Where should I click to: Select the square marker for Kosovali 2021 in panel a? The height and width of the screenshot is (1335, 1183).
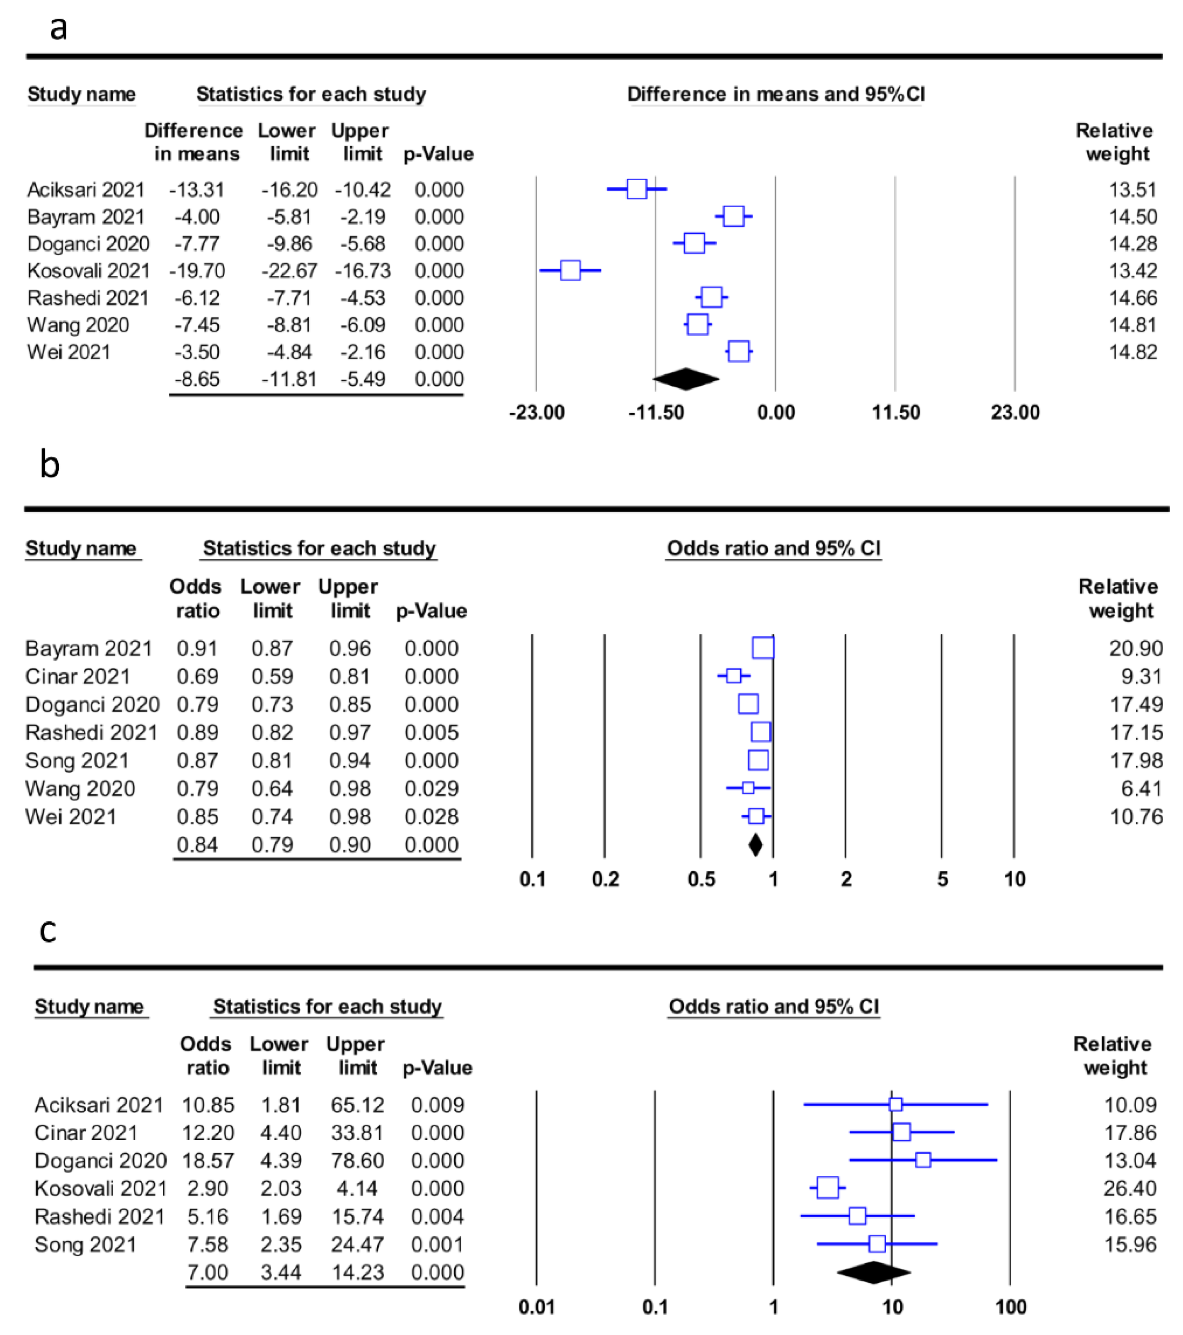click(x=570, y=270)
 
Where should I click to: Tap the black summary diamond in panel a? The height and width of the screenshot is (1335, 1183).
click(x=686, y=379)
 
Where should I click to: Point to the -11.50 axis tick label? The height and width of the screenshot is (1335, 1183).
click(x=656, y=412)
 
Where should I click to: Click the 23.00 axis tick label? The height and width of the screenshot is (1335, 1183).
click(x=1014, y=412)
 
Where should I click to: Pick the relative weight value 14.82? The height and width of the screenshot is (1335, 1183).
click(x=1133, y=352)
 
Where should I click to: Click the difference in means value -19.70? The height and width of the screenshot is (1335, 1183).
click(x=197, y=270)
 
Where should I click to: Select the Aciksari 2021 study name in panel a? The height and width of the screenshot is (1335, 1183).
click(x=85, y=189)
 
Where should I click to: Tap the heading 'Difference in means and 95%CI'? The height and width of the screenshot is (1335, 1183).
click(x=776, y=94)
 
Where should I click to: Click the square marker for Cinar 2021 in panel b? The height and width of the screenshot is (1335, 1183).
click(x=734, y=675)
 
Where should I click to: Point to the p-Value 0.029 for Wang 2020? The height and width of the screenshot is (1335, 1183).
click(x=431, y=788)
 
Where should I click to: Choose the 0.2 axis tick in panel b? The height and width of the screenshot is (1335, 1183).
click(x=605, y=879)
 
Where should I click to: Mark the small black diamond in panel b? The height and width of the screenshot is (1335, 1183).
click(x=755, y=845)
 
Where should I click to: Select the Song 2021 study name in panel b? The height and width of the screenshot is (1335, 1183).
click(x=77, y=760)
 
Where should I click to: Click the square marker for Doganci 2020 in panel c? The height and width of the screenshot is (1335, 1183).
click(x=922, y=1160)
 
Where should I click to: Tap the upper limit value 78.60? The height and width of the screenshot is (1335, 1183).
click(x=357, y=1160)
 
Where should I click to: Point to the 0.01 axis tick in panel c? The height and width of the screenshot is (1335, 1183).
click(x=536, y=1307)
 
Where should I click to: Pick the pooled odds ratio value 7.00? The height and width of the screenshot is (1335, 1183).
click(x=207, y=1272)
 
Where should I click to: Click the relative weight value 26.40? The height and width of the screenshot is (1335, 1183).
click(x=1130, y=1188)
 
